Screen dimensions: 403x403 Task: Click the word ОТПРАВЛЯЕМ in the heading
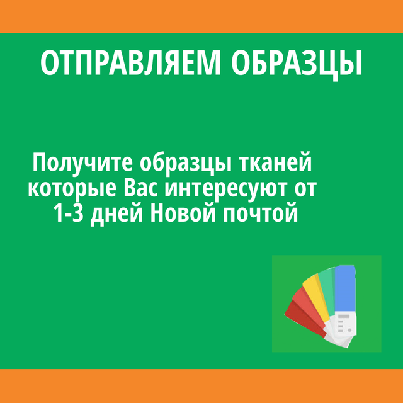point(130,62)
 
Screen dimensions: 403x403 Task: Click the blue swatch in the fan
point(345,288)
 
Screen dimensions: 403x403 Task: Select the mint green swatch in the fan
point(327,290)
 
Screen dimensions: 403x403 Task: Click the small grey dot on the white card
point(349,329)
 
